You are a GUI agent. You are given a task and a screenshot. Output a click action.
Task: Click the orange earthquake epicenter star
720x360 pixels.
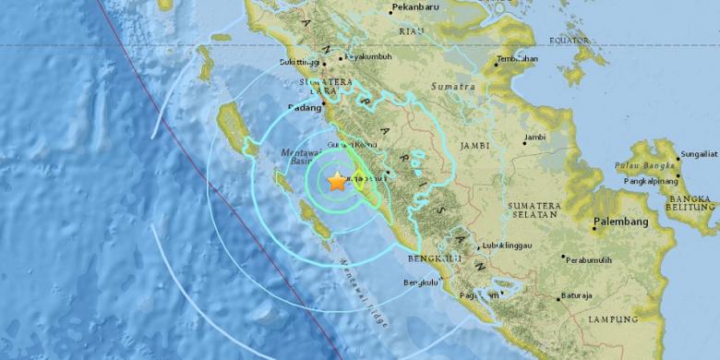[x=337, y=182]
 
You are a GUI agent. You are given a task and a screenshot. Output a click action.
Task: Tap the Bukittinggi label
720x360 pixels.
[x=300, y=63]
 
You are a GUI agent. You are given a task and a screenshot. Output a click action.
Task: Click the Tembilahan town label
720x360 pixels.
[x=517, y=59]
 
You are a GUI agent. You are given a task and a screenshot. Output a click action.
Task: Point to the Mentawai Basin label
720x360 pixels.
[x=300, y=155]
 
